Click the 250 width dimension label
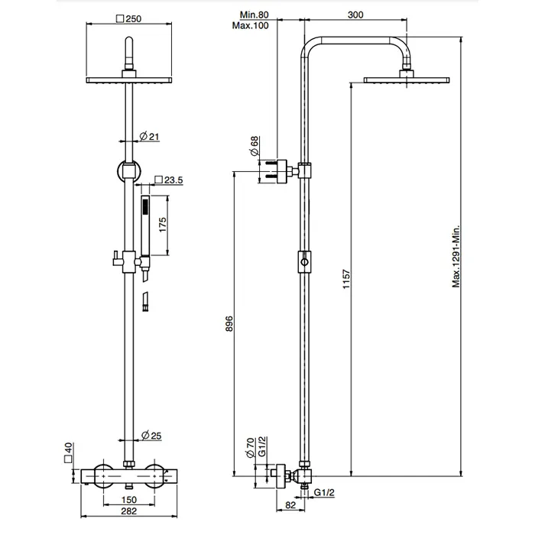(x=129, y=19)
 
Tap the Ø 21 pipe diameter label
(x=150, y=137)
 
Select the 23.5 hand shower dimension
(x=169, y=180)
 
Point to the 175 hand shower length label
(x=163, y=225)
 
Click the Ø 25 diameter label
(x=151, y=436)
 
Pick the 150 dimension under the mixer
(x=129, y=500)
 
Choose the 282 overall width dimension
(x=129, y=511)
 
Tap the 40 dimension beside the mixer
(x=69, y=452)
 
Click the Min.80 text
(x=255, y=15)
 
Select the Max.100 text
(x=251, y=25)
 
